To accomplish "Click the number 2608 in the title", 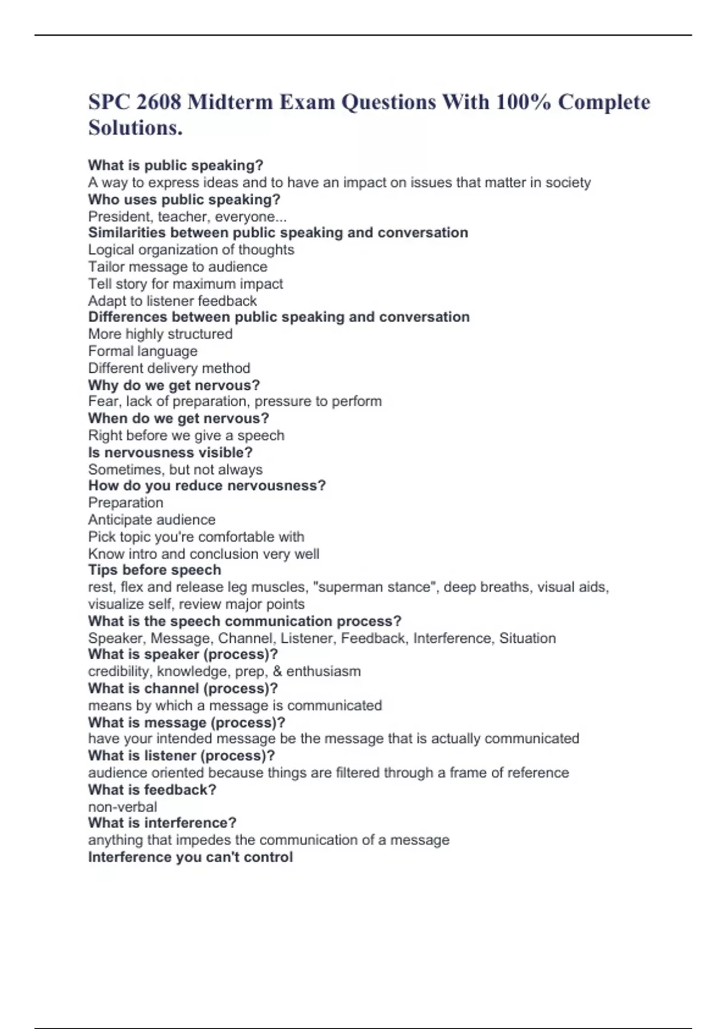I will tap(159, 102).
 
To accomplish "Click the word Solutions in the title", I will tap(133, 128).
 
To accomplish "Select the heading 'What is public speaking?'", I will tap(176, 165).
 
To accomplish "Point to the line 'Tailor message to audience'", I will tap(178, 267).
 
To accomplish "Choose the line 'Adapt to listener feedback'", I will tap(172, 301).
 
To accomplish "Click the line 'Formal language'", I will tap(142, 351).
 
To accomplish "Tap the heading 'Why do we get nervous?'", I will tap(174, 385).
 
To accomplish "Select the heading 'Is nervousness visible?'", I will tap(170, 452).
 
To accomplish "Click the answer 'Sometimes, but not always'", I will tap(175, 470).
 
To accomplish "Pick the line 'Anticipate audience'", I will tap(151, 520).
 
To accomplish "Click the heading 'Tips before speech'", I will tap(154, 570).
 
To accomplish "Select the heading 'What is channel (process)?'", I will tap(183, 688).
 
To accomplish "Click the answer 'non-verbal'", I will tap(122, 807).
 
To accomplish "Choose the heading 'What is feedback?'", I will tap(152, 790).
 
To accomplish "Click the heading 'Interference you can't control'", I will tap(190, 857).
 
